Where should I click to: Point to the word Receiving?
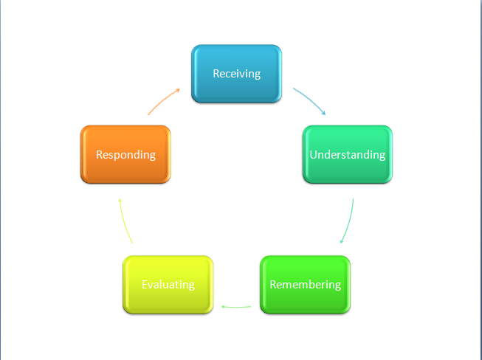[236, 74]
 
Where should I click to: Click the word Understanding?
[347, 155]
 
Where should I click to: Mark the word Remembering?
[305, 285]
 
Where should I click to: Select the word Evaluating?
[168, 285]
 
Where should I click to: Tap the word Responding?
[125, 155]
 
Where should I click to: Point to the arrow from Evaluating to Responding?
[124, 221]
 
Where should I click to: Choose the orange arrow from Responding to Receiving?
[162, 101]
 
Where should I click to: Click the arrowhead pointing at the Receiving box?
[178, 90]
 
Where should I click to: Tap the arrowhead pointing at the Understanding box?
[323, 114]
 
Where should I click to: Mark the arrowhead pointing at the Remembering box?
[340, 241]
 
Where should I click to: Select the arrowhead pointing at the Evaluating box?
[224, 305]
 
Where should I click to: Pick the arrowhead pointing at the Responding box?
[120, 201]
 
